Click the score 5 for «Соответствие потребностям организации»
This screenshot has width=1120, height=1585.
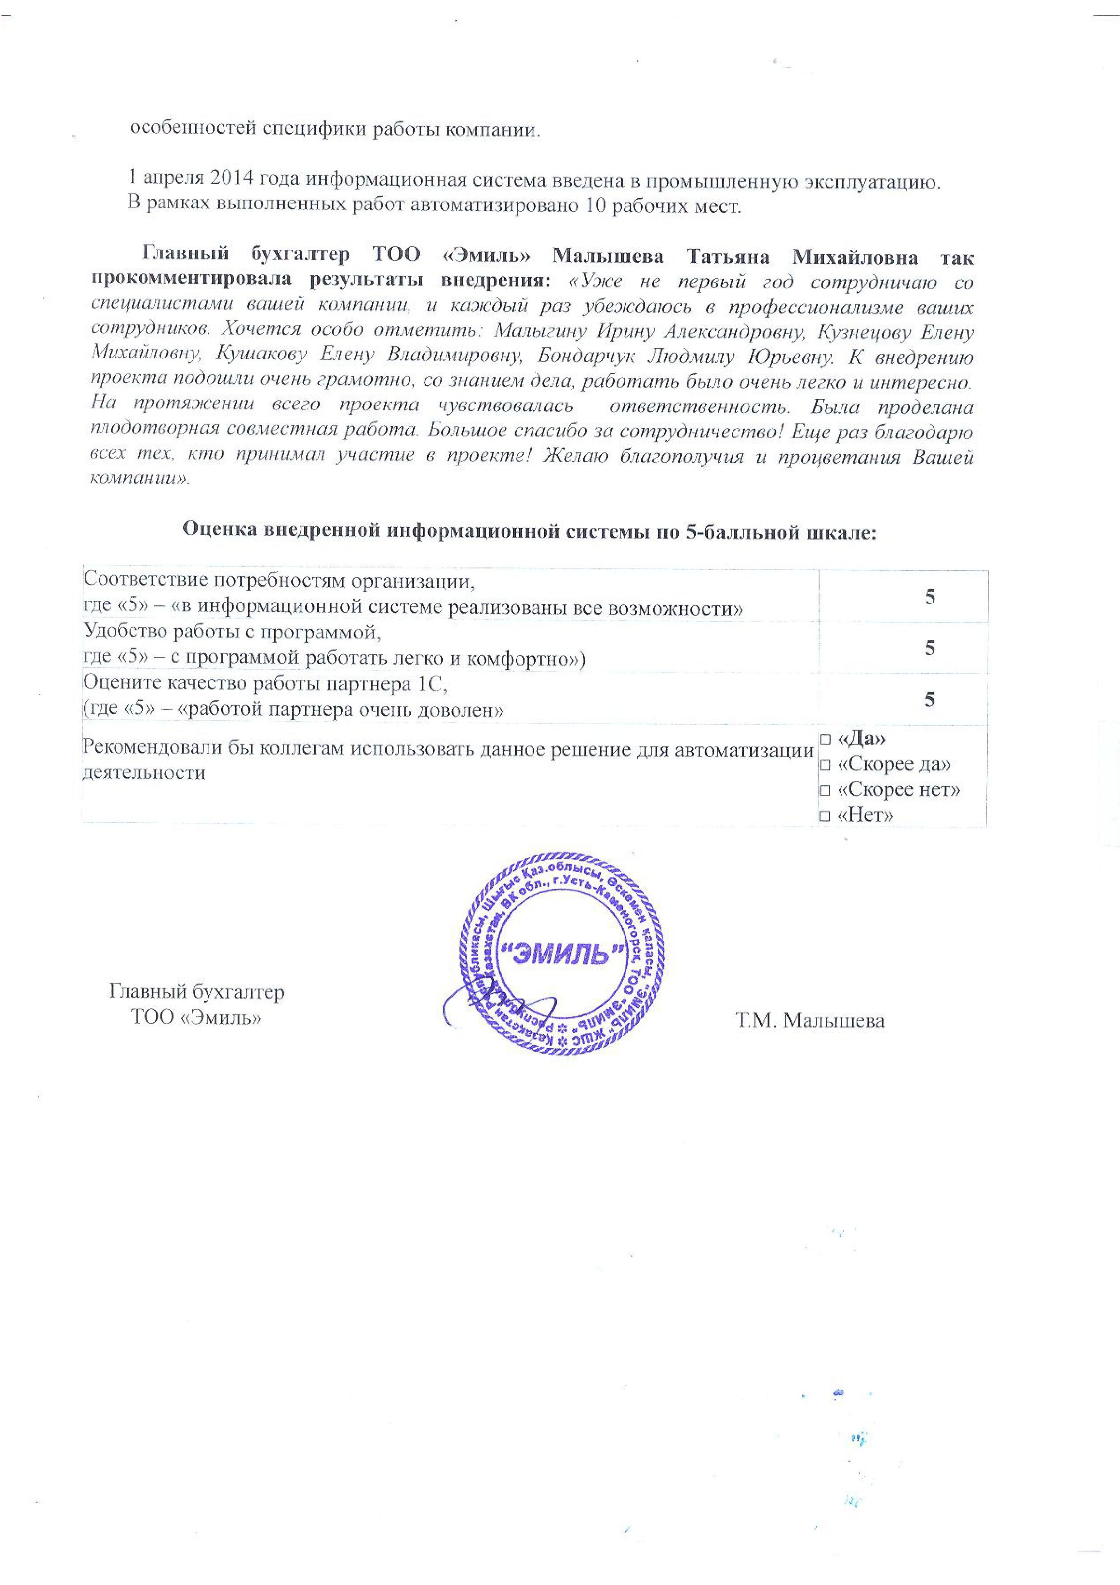coord(929,596)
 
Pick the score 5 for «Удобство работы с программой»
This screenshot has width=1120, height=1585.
coord(929,647)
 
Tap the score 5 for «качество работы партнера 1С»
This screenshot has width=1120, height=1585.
coord(929,699)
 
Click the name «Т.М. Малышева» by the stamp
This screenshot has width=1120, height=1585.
coord(810,1020)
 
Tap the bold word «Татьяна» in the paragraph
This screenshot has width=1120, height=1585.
coord(728,257)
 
